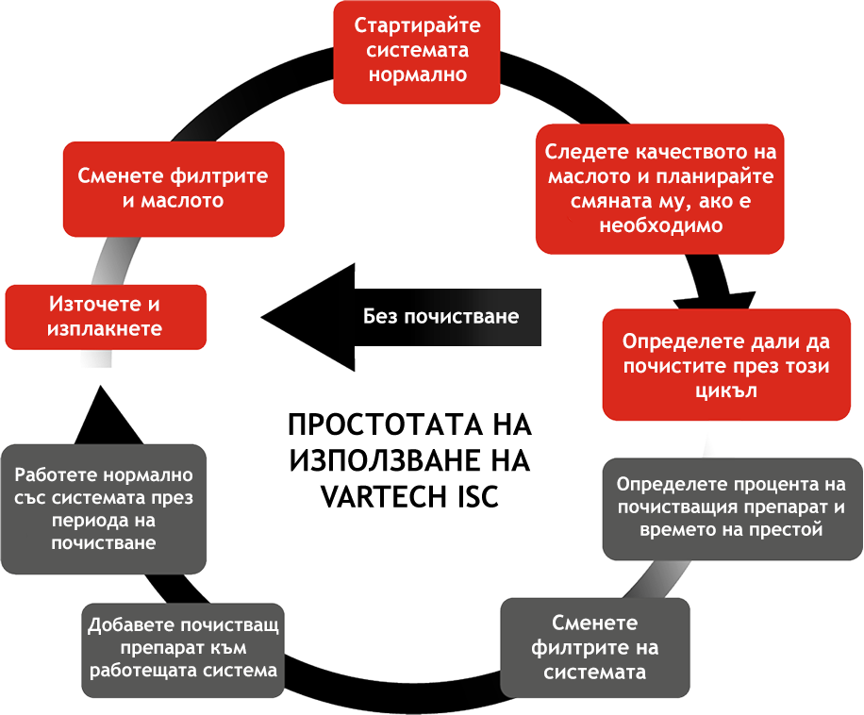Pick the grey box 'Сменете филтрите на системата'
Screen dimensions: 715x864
(594, 647)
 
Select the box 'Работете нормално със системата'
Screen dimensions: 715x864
(104, 508)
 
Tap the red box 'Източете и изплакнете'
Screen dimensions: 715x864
(106, 317)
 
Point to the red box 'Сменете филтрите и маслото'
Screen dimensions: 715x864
(174, 189)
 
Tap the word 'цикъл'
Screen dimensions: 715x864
(726, 390)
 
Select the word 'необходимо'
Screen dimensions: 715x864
(660, 225)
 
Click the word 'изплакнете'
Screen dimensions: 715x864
(106, 329)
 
